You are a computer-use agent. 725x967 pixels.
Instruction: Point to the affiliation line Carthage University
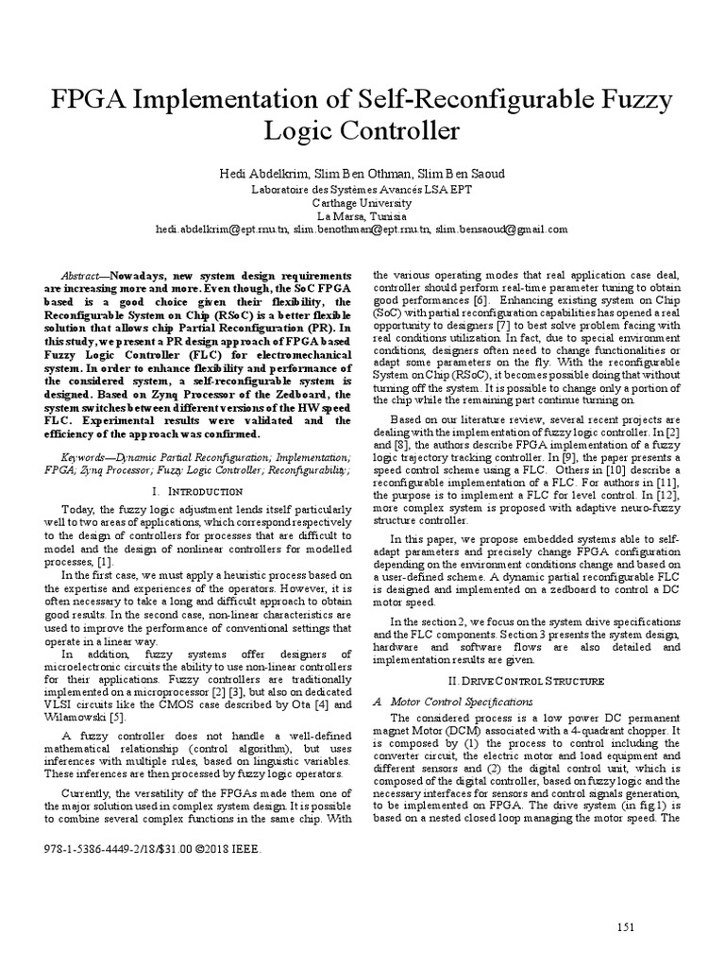pyautogui.click(x=362, y=202)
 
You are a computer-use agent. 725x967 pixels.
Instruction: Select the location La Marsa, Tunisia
pyautogui.click(x=362, y=215)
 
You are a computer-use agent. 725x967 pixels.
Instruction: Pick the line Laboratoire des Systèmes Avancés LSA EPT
pyautogui.click(x=362, y=189)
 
